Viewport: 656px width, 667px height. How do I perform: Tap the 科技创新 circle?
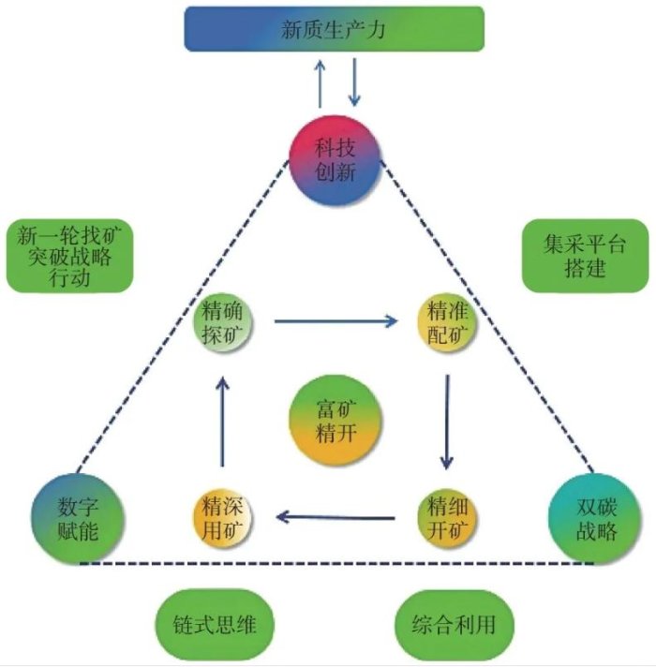[x=335, y=166]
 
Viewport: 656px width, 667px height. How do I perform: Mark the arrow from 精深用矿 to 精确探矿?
[x=223, y=422]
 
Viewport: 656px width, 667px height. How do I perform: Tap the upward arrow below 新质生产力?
[x=320, y=83]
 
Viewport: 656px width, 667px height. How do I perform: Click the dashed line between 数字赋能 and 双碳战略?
[x=335, y=563]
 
